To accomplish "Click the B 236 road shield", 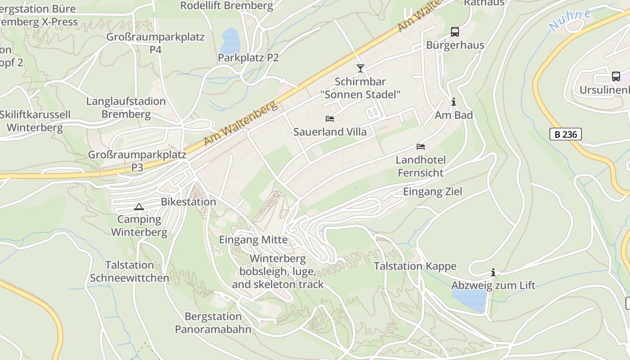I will [x=566, y=134].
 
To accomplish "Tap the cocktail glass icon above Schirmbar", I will [x=360, y=68].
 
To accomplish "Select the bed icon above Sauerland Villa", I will [x=330, y=119].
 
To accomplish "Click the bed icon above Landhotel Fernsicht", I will [x=421, y=147].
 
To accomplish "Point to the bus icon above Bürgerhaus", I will [x=455, y=32].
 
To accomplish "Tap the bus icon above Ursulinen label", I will [x=616, y=76].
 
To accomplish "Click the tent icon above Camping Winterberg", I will [x=139, y=207].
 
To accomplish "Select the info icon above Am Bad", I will [x=454, y=102].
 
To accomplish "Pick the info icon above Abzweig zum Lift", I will [x=493, y=273].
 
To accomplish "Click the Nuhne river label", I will [x=570, y=20].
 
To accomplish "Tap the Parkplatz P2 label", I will [x=248, y=58].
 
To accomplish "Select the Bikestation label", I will [x=189, y=202].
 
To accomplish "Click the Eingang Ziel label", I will [x=432, y=192].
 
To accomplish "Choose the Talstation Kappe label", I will [x=415, y=266].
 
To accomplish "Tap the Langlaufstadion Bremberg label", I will [x=126, y=108].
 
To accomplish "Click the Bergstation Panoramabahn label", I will [x=213, y=323].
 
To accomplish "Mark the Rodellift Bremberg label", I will [x=226, y=6].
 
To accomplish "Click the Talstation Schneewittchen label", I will [x=130, y=271].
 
